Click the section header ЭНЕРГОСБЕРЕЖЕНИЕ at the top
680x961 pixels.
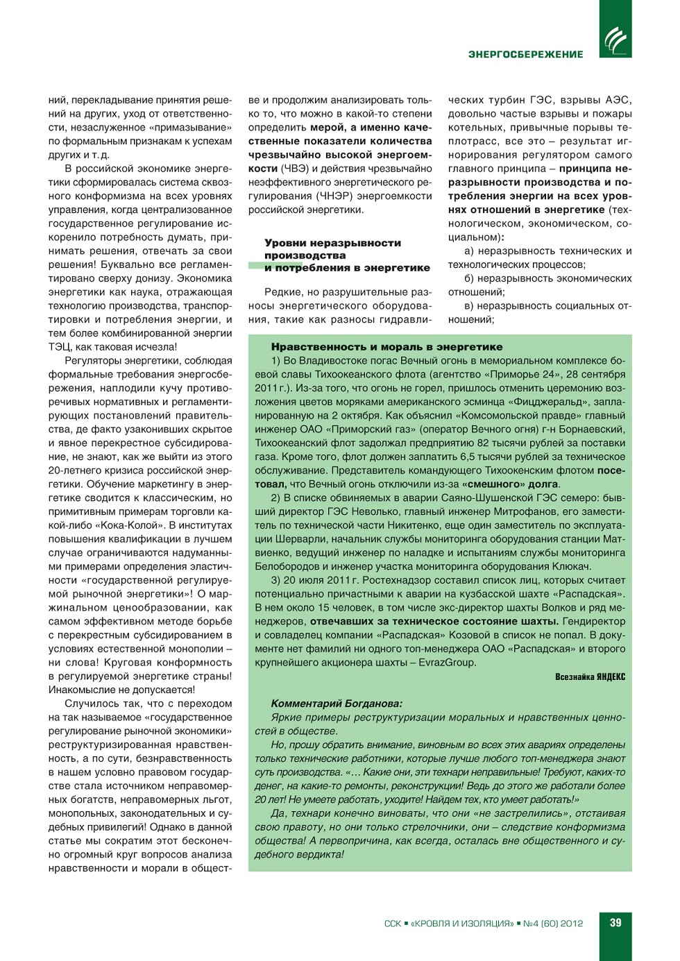point(525,54)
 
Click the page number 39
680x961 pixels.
point(615,923)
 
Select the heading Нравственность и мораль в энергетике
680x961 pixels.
point(386,347)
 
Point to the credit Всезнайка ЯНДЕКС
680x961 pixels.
point(590,677)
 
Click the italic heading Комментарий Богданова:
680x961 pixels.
point(337,704)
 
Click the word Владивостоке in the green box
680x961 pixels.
point(331,361)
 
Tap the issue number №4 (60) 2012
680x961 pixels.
point(552,924)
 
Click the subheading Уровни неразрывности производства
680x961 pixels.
point(332,249)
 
